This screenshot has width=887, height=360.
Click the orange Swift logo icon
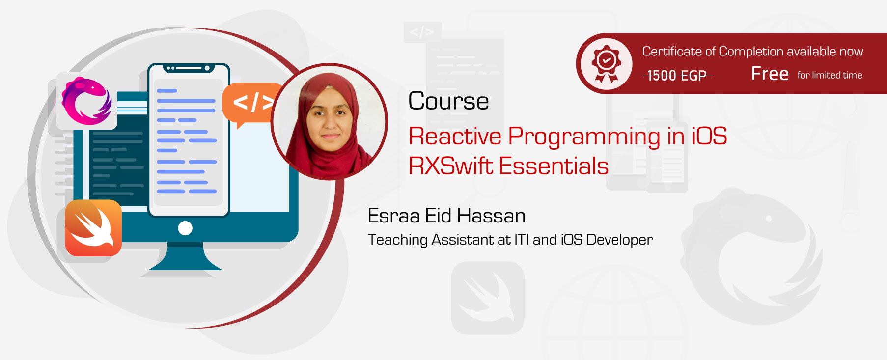tap(93, 228)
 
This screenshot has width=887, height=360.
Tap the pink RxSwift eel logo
tap(87, 101)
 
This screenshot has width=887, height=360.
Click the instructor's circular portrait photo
tap(330, 121)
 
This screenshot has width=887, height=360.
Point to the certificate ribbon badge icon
tap(607, 63)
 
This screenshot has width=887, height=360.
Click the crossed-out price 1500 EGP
tap(677, 75)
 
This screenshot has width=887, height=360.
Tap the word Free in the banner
tap(770, 74)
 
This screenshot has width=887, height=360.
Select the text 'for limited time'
tap(830, 75)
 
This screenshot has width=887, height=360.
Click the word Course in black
tap(448, 101)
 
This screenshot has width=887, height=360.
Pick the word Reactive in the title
tap(455, 136)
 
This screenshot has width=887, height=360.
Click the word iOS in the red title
tap(709, 136)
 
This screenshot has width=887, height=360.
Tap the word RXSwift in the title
tap(450, 166)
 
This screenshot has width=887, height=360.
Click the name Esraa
tap(393, 216)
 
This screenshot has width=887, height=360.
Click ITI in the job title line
tap(522, 240)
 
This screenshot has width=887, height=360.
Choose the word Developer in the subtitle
tap(619, 240)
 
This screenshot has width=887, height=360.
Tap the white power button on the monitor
tap(185, 228)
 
